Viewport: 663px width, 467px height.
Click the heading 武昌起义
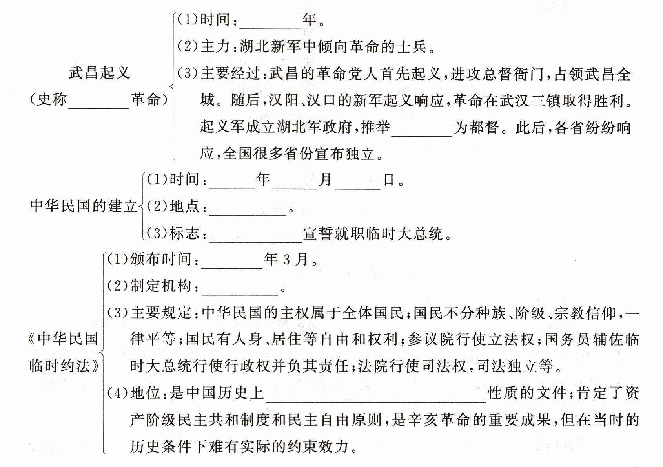tap(99, 73)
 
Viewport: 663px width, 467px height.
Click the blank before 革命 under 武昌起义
tap(99, 103)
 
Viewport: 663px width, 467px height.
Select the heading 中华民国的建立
tap(84, 206)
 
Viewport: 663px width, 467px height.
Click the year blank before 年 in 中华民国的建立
tap(232, 183)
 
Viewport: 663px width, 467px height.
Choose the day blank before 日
tap(357, 183)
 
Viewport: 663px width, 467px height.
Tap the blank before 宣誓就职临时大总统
tap(255, 236)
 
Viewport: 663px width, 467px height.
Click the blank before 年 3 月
tap(231, 262)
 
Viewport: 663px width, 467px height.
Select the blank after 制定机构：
tap(239, 289)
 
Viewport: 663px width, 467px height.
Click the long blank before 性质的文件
tap(376, 396)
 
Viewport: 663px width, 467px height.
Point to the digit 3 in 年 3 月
tap(286, 260)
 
